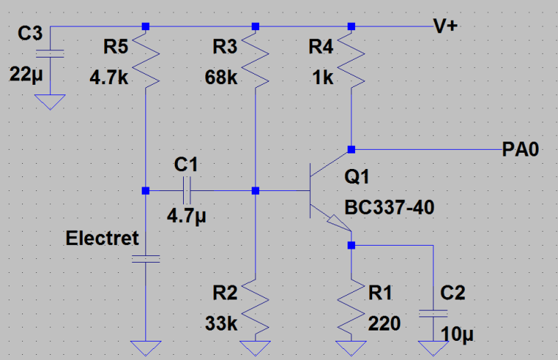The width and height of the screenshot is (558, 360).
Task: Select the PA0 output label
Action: pos(520,150)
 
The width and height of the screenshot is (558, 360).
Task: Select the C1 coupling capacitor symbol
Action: pos(185,191)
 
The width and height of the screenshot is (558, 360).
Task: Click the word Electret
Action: pos(102,239)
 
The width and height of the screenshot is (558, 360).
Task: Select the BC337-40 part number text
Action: pos(388,207)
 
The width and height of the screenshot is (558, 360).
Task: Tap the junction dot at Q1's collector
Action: pos(351,147)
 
